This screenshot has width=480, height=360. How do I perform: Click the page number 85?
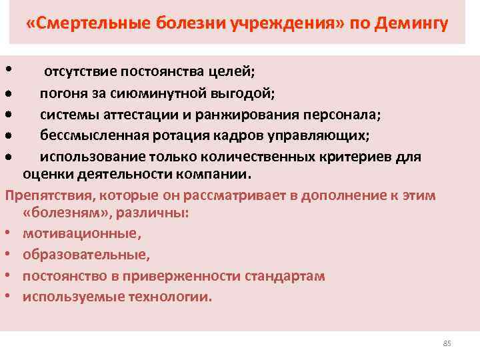coord(447,343)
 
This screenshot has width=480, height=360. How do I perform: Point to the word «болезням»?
coord(57,214)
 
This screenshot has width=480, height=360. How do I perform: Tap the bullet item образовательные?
coord(86,255)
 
